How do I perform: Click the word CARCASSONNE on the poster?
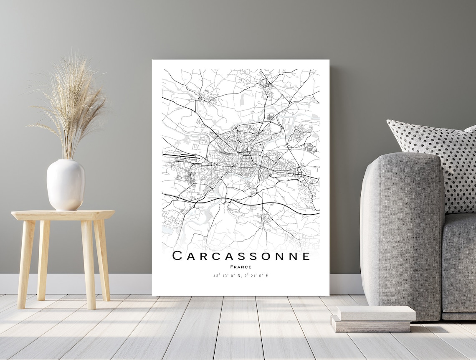pos(241,256)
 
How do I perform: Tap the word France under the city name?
pos(241,267)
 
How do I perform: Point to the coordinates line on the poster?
pos(241,276)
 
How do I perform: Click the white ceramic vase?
pos(66,185)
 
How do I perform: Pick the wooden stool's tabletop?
pos(63,215)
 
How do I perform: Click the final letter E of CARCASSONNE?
pos(306,256)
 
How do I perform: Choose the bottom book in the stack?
pos(371,325)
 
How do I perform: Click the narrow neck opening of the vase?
pos(66,161)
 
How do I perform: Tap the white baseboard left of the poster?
pos(75,284)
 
